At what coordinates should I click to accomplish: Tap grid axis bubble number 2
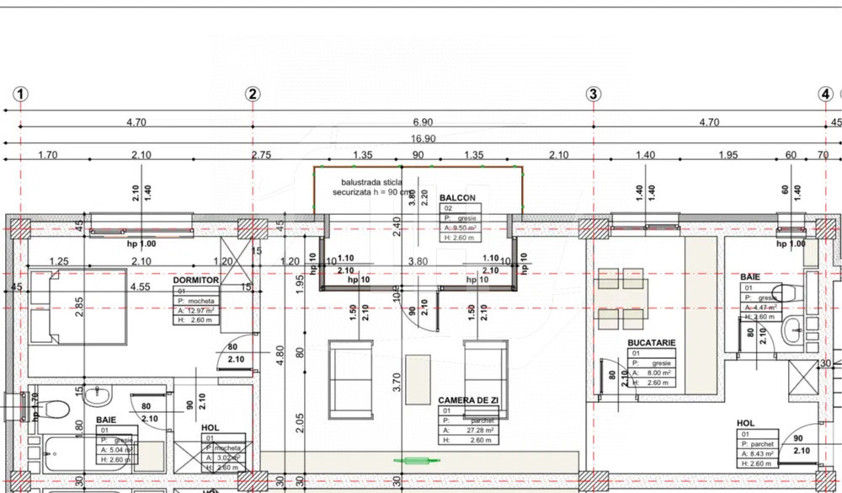coord(253,94)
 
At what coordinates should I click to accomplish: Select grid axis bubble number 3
coord(593,94)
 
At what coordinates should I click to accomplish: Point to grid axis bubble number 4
coord(826,94)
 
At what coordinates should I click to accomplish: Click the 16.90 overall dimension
coord(423,138)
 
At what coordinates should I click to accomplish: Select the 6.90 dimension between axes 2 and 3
coord(423,122)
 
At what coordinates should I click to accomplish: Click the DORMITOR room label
coord(195,280)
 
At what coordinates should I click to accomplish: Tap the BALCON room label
coord(457,198)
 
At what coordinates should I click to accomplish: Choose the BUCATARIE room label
coord(652,343)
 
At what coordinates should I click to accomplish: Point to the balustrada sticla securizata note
coord(371,186)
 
